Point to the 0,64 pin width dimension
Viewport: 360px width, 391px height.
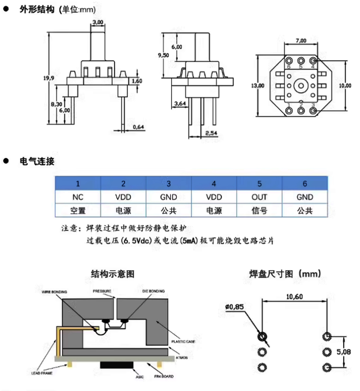point(138,127)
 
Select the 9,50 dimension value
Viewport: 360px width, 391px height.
point(163,55)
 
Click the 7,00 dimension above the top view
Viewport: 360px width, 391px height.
point(300,41)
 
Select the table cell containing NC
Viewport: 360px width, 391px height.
point(78,197)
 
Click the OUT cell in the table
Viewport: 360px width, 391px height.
point(259,197)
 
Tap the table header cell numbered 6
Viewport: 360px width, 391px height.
point(305,184)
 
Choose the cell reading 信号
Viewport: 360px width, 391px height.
point(259,211)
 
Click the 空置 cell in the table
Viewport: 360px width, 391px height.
point(78,211)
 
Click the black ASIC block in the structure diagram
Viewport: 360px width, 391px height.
point(118,365)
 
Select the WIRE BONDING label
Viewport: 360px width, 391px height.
point(54,292)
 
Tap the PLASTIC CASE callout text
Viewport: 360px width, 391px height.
point(183,342)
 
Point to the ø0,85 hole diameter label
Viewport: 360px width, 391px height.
point(235,306)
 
